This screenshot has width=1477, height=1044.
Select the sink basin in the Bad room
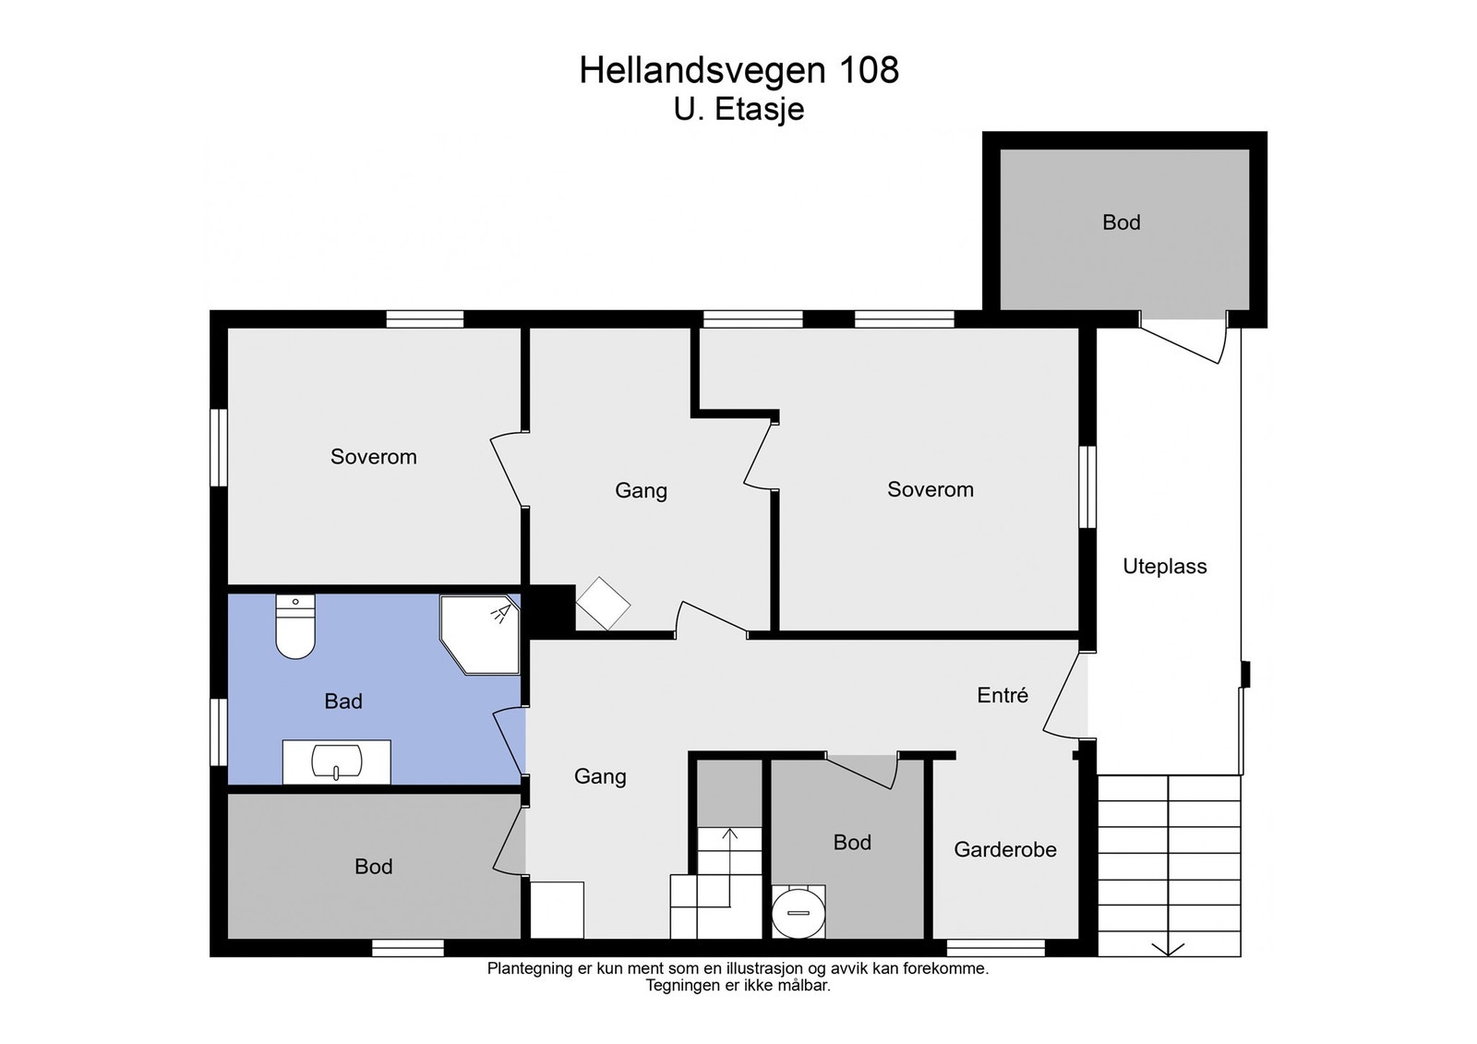pyautogui.click(x=337, y=762)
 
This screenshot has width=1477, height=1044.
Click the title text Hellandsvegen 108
pyautogui.click(x=738, y=70)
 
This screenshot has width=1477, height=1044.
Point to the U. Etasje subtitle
pyautogui.click(x=738, y=110)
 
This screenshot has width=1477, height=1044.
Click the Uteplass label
pyautogui.click(x=1164, y=567)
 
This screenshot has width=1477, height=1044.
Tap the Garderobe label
pyautogui.click(x=1004, y=849)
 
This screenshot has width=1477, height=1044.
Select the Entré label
pyautogui.click(x=1003, y=695)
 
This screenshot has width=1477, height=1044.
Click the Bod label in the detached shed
pyautogui.click(x=1121, y=222)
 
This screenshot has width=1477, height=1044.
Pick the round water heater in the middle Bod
pyautogui.click(x=798, y=912)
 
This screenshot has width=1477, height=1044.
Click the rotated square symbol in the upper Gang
pyautogui.click(x=603, y=604)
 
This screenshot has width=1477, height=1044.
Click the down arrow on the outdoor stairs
pyautogui.click(x=1169, y=948)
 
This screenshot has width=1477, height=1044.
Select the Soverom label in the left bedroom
pyautogui.click(x=373, y=457)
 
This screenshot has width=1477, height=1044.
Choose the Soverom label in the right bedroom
pyautogui.click(x=930, y=490)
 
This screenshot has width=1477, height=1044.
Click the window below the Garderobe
pyautogui.click(x=995, y=948)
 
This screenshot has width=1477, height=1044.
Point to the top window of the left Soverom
pyautogui.click(x=425, y=319)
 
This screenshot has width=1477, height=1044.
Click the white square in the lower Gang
pyautogui.click(x=557, y=909)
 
